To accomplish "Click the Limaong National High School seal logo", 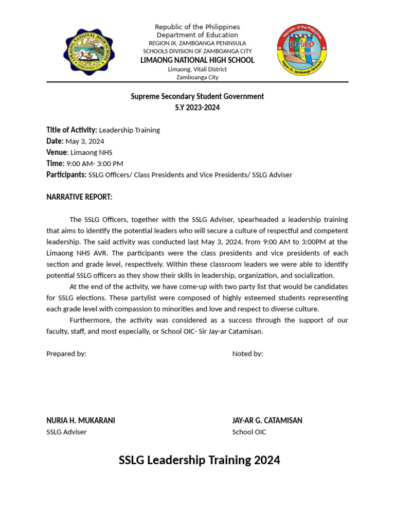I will pos(88,52).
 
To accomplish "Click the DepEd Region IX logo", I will pos(302,52).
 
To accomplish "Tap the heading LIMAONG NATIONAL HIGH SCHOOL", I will pos(197,60).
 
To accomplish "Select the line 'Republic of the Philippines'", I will pos(197,27).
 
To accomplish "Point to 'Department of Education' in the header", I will pos(197,35).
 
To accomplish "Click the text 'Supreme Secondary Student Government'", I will pos(197,96).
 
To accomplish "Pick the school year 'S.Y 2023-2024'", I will pos(197,108).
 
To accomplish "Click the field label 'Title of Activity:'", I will pos(71,130).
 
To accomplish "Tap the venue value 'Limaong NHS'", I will pos(91,152).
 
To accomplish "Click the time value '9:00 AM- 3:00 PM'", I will pos(95,164).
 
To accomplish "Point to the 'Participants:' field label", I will pos(66,175).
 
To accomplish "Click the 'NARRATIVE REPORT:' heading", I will pos(79,197).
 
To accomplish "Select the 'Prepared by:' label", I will pos(66,354).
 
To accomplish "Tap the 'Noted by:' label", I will pos(247,354).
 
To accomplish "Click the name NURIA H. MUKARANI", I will pos(81,420).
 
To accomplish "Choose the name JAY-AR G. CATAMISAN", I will pos(267,420).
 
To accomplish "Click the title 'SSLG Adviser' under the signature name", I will pos(66,432).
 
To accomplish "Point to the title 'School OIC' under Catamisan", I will pos(249,432).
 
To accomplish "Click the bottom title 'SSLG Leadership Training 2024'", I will pos(200,460).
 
